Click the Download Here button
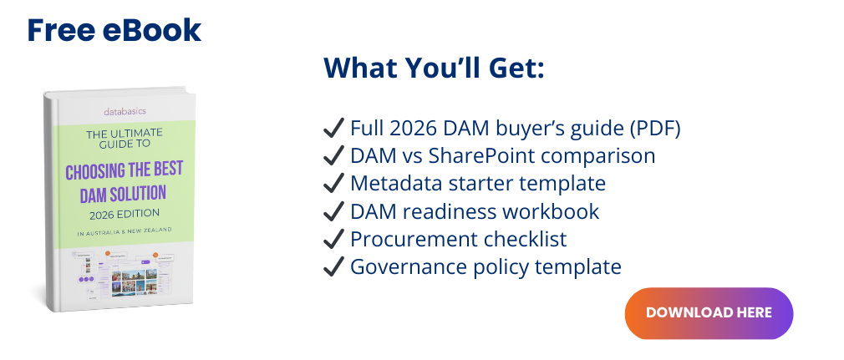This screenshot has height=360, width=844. click(x=709, y=313)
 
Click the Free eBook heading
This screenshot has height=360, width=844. click(x=114, y=30)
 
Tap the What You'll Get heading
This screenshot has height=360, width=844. click(x=434, y=68)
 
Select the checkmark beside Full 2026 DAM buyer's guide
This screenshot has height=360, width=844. click(x=333, y=129)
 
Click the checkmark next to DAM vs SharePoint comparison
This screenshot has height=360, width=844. click(x=333, y=156)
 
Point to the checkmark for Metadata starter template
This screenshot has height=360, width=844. click(x=333, y=184)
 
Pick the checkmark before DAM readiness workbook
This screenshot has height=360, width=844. click(x=333, y=211)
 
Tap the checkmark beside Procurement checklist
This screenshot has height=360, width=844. click(x=333, y=239)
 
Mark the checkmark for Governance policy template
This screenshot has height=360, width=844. click(x=333, y=266)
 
